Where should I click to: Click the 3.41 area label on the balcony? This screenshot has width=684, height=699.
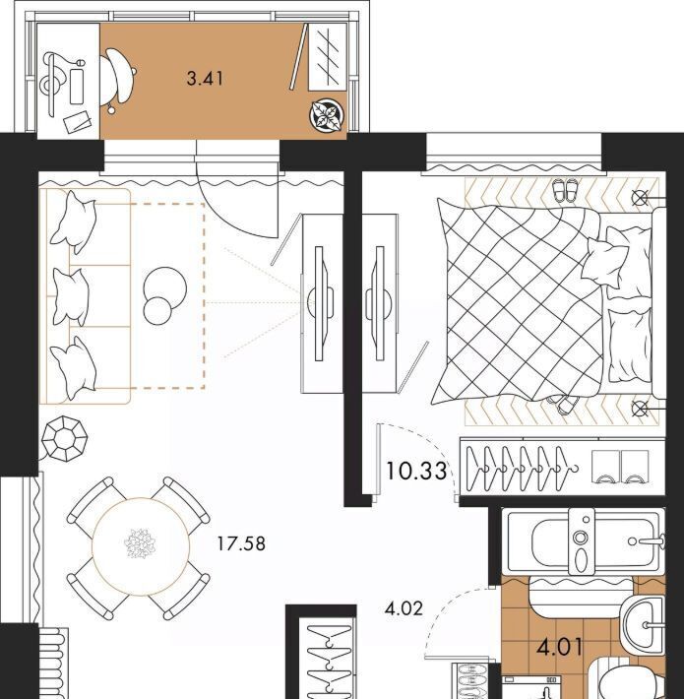click(205, 80)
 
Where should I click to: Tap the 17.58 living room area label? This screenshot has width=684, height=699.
click(241, 543)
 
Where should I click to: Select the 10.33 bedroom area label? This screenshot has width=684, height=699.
click(416, 472)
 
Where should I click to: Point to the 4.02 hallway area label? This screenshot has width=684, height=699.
click(404, 608)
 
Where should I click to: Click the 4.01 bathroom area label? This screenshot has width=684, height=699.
click(560, 647)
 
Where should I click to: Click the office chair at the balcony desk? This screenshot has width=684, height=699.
click(117, 77)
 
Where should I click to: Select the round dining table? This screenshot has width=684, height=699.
click(141, 546)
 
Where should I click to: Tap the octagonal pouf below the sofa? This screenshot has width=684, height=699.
click(65, 439)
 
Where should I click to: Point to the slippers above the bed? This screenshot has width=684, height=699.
click(565, 191)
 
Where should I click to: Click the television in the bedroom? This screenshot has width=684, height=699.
click(378, 303)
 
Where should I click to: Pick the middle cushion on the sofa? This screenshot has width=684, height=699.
click(71, 297)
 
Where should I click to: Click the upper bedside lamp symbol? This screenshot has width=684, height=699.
click(641, 197)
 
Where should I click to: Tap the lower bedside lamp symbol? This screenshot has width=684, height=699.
click(641, 408)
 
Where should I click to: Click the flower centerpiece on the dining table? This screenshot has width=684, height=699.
click(141, 543)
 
